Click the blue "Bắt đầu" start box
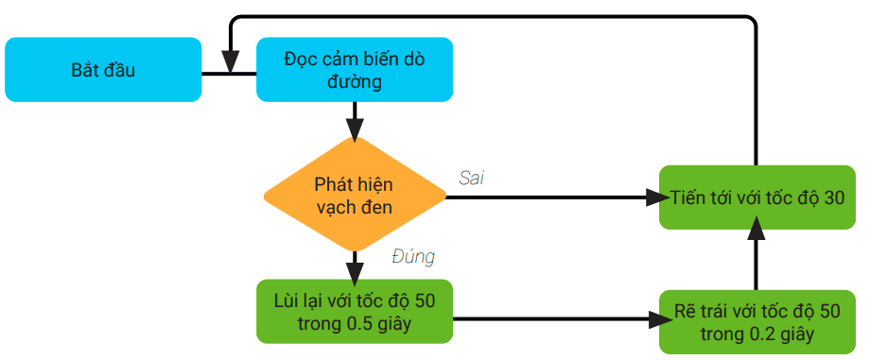click(x=103, y=70)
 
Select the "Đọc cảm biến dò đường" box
click(x=355, y=70)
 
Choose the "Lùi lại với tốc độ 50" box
click(x=355, y=313)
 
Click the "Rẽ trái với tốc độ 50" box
click(x=757, y=321)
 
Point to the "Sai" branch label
click(x=471, y=178)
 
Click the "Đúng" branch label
click(x=412, y=256)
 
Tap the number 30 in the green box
click(x=834, y=197)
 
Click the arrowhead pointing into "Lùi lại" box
click(x=355, y=273)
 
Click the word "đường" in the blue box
click(x=355, y=82)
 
